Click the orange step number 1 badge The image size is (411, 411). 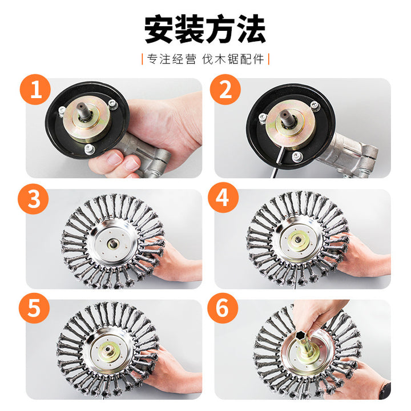(35, 90)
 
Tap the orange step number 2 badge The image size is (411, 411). (225, 90)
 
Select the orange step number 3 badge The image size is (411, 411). (33, 199)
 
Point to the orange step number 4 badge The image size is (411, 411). (223, 198)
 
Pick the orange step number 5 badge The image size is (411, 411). (34, 308)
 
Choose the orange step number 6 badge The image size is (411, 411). (223, 308)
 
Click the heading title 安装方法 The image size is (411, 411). (205, 29)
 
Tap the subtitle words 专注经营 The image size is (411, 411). (171, 59)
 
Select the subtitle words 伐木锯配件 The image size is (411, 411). (233, 59)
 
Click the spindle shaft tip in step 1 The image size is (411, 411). (80, 107)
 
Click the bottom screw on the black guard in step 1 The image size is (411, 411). (89, 150)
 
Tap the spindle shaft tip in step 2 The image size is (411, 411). (284, 115)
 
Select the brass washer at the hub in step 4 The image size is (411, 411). (298, 240)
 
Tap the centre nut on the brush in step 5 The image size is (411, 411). (107, 350)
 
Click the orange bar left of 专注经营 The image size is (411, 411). (142, 59)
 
